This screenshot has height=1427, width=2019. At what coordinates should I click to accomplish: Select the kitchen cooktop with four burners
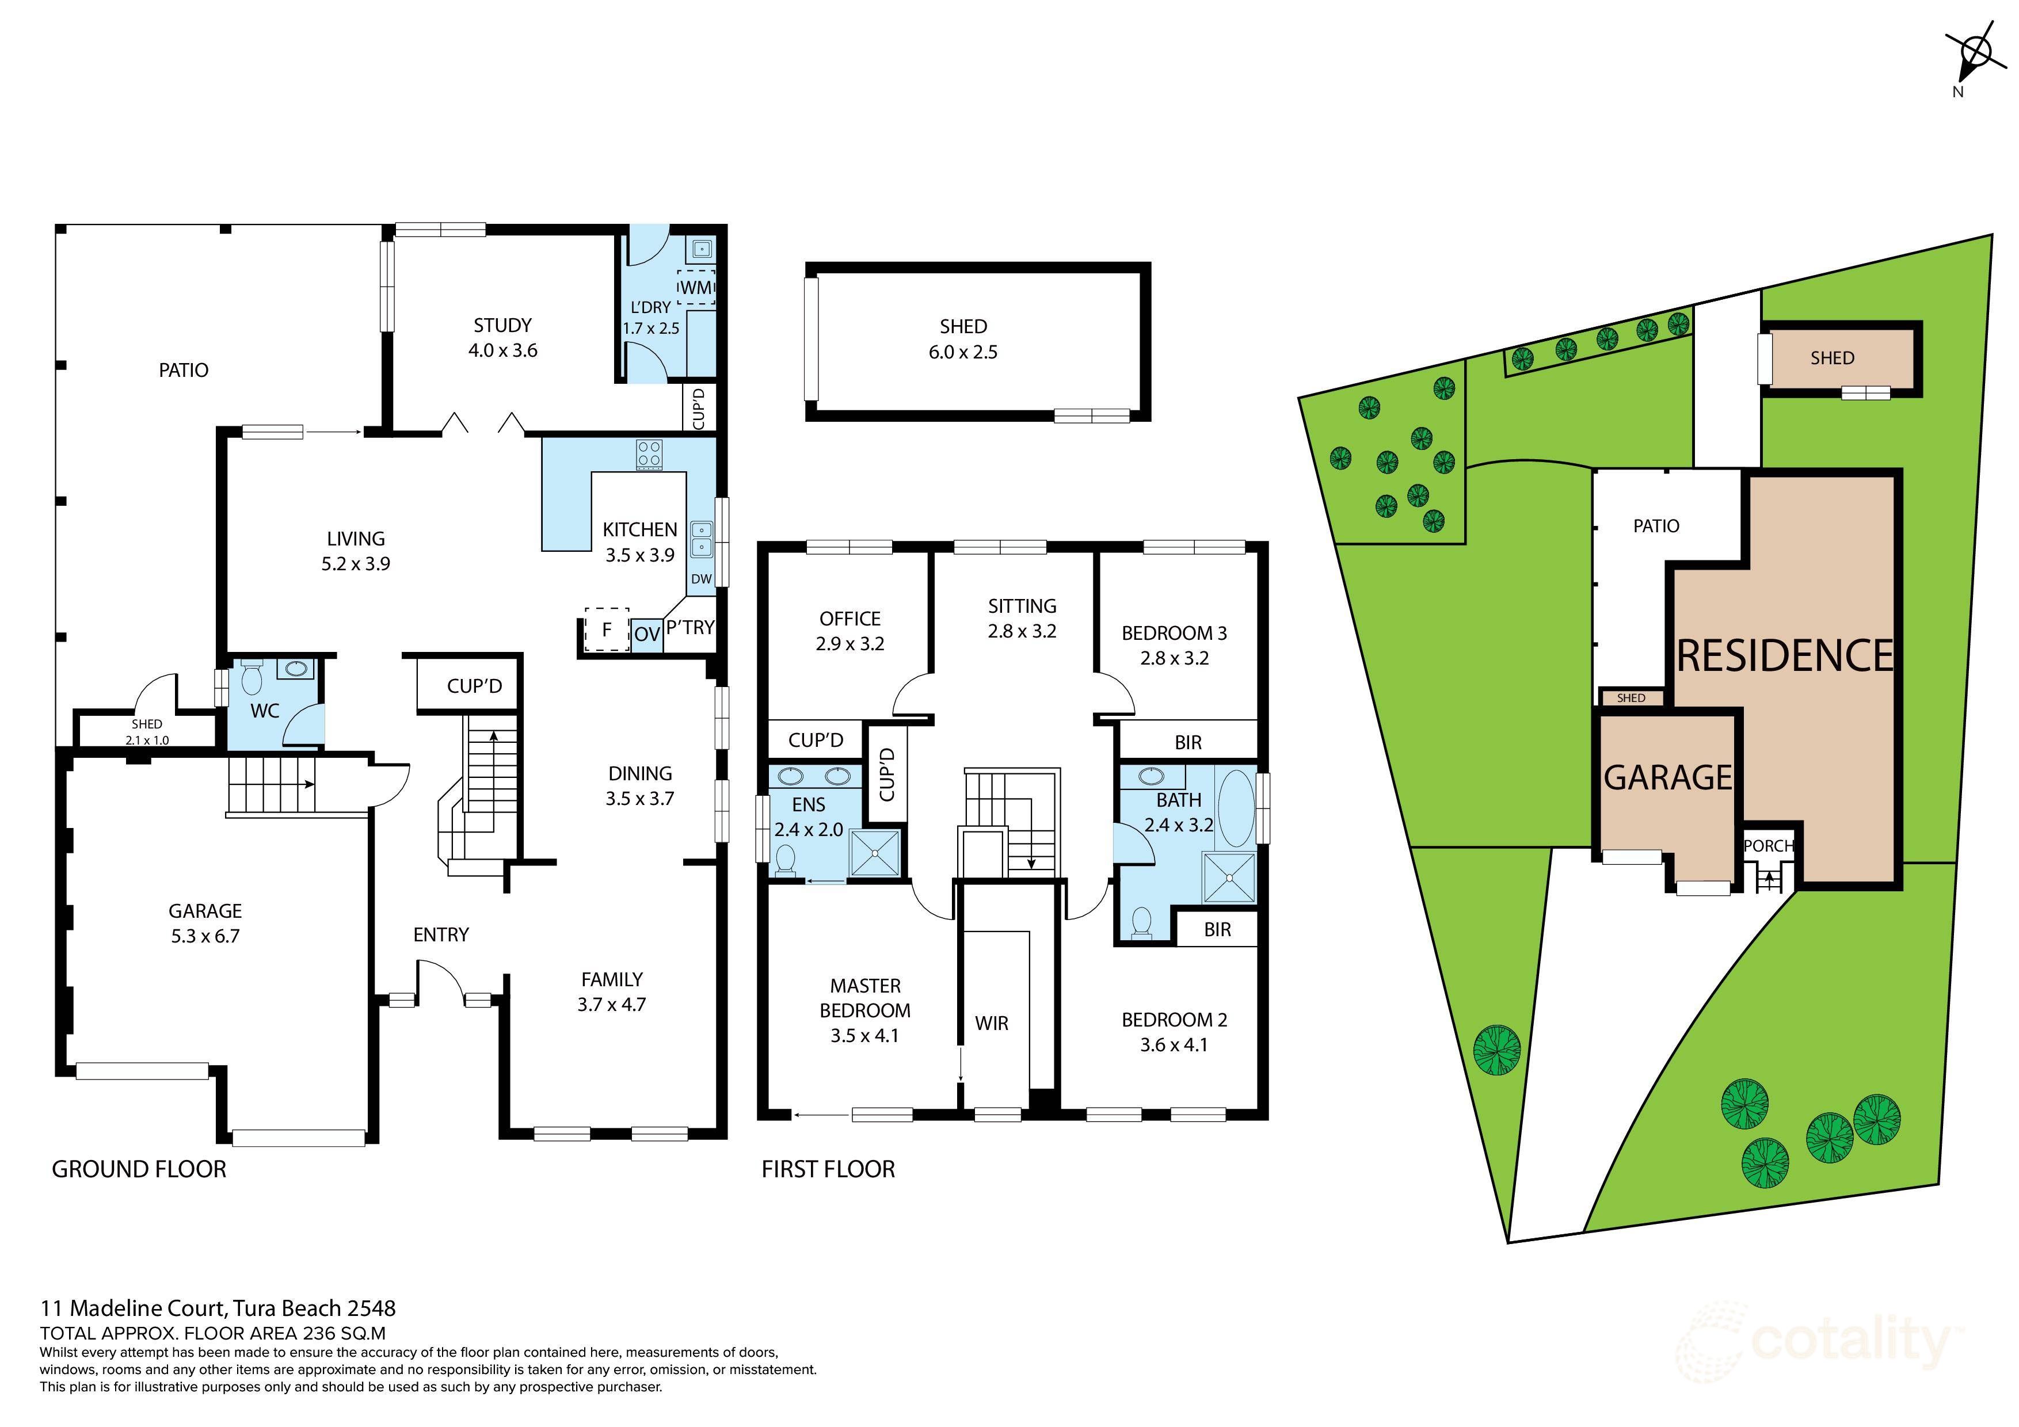[650, 455]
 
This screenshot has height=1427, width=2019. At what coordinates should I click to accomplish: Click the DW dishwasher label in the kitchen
[701, 578]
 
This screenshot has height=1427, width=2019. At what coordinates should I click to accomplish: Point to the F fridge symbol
[607, 629]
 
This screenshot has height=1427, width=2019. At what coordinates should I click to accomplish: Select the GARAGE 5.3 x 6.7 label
[205, 923]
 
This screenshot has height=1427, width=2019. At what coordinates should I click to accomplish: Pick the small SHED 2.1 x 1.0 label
[147, 731]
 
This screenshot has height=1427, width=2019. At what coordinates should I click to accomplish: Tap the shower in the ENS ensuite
[875, 853]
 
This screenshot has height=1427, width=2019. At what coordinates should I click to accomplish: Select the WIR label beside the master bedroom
[991, 1024]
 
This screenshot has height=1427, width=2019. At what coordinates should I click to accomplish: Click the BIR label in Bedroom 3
[1187, 742]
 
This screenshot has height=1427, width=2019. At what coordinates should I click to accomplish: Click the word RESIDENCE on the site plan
[1784, 656]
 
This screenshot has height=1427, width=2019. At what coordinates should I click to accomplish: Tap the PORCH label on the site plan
[1767, 846]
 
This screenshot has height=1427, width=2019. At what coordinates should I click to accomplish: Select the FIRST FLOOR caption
[828, 1169]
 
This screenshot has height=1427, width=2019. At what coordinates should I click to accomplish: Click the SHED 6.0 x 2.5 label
[963, 338]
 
